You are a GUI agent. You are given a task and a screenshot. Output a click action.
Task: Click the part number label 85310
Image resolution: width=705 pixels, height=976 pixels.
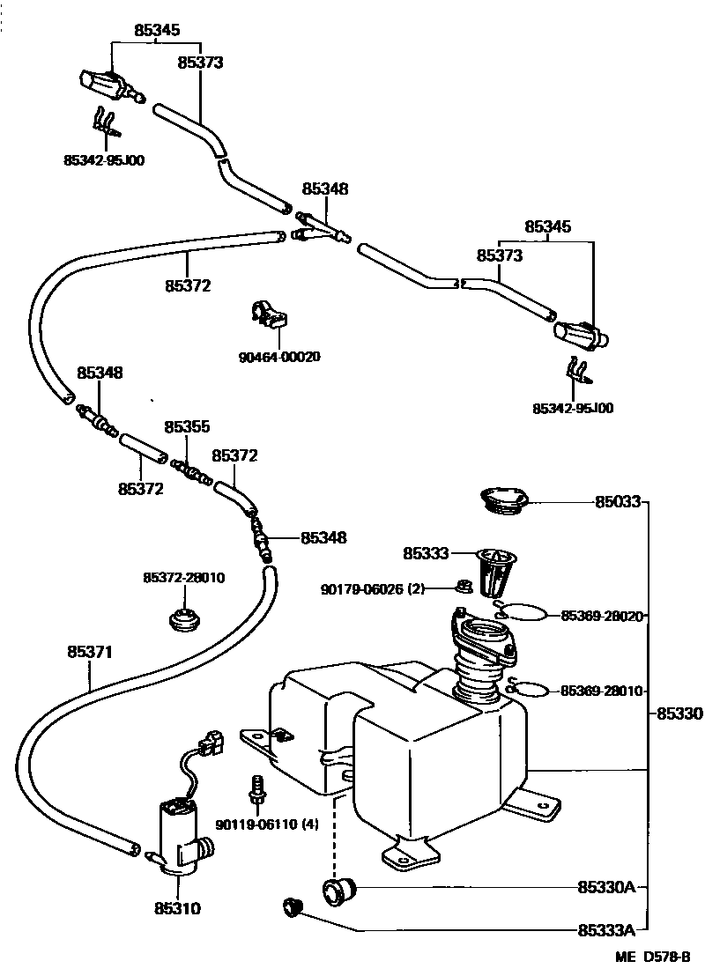point(177,908)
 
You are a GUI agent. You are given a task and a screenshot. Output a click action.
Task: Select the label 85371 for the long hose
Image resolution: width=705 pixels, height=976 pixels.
point(90,652)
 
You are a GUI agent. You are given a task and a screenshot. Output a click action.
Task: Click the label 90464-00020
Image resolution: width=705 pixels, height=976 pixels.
point(279,358)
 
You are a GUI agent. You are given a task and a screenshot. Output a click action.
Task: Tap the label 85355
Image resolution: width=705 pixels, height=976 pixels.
point(187,426)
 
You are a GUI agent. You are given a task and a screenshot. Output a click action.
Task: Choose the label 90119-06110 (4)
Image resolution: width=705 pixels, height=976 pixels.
point(267,824)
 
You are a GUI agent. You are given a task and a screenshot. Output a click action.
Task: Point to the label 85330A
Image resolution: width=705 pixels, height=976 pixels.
point(606,887)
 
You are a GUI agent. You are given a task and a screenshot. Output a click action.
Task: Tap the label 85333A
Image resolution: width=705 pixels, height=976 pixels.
point(606,930)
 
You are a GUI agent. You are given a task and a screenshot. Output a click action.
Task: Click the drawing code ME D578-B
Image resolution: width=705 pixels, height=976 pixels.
point(653,957)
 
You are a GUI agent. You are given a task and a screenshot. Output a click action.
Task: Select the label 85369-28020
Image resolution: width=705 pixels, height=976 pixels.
point(602,616)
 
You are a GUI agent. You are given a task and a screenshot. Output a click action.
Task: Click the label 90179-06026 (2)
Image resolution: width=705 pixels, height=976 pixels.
point(372,588)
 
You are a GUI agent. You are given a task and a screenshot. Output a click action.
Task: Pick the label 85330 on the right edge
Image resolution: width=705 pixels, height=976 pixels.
point(679,714)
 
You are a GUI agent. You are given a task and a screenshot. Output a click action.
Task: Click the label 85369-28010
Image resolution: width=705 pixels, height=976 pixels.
point(602,691)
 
